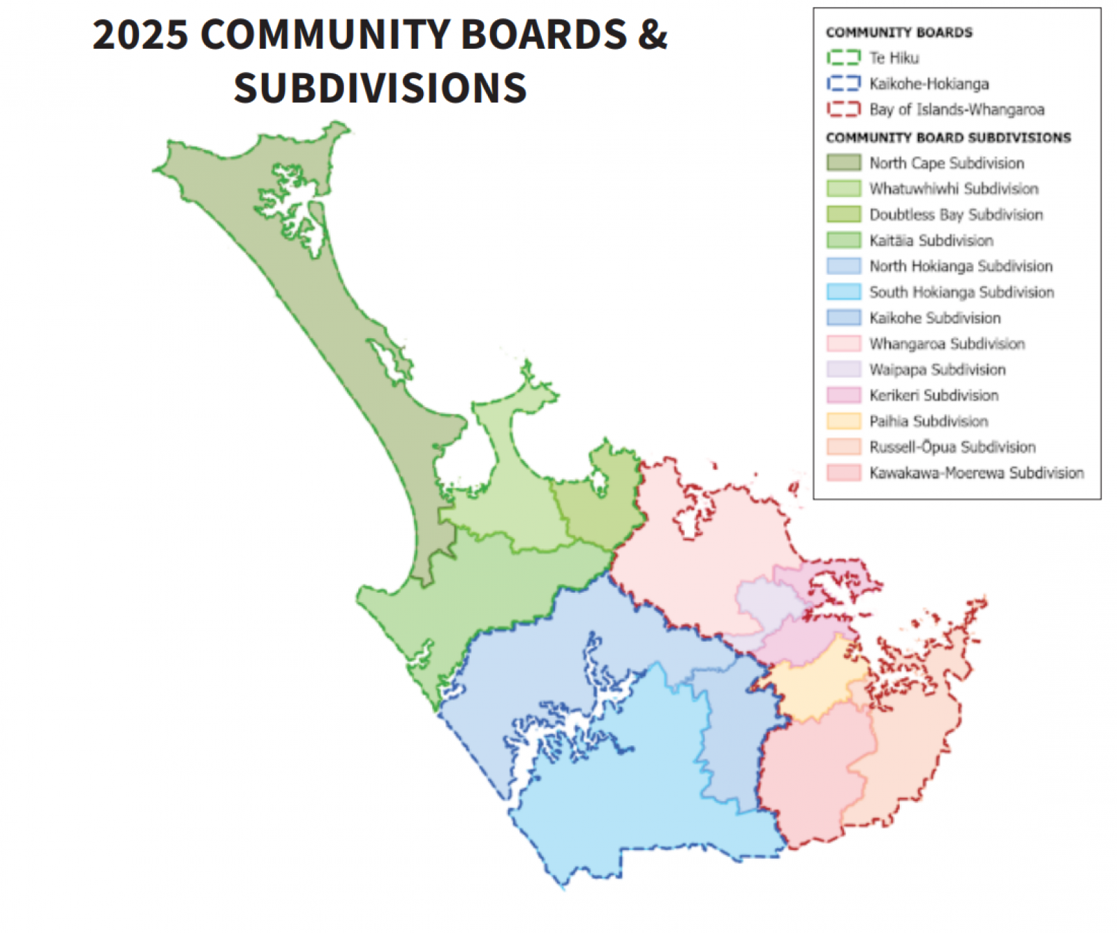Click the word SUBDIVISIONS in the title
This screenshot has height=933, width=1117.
coord(380,88)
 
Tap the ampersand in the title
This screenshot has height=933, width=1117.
coord(652,34)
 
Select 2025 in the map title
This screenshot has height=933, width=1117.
coord(140,34)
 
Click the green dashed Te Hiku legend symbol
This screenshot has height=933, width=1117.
coord(843,58)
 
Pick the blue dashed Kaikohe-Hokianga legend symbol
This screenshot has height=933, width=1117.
coord(843,84)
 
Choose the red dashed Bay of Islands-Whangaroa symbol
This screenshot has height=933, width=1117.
coord(843,110)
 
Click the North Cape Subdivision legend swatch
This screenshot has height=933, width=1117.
coord(843,163)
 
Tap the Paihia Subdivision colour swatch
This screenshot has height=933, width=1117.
coord(843,421)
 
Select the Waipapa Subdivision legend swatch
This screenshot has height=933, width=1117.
coord(843,369)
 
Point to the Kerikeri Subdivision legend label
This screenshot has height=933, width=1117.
coord(933,395)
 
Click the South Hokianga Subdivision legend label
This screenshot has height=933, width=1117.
coord(961,292)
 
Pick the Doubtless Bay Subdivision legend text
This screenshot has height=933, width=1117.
coord(956,214)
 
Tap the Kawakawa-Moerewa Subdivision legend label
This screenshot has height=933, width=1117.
coord(976,473)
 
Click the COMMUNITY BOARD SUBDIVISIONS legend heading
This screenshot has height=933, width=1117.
coord(948,138)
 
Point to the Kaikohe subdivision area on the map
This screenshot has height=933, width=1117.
coord(733,733)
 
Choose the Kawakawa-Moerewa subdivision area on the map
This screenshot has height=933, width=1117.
coord(810,775)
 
